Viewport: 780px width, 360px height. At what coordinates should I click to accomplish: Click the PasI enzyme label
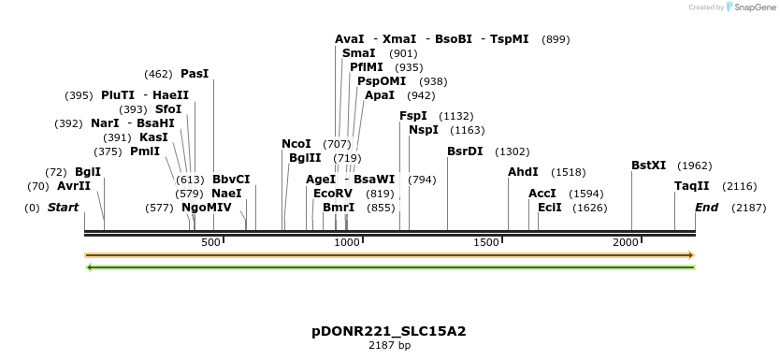[195, 73]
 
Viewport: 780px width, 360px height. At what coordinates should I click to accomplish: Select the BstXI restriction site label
[648, 166]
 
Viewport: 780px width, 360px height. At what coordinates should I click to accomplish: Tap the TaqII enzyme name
[692, 186]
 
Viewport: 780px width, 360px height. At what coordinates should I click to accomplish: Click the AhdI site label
[523, 172]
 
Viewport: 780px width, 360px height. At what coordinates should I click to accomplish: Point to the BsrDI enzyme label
[465, 151]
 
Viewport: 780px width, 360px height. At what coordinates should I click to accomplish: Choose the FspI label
[413, 116]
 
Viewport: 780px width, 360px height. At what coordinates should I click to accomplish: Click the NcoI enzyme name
[296, 144]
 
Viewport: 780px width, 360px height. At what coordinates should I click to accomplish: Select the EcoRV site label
[334, 194]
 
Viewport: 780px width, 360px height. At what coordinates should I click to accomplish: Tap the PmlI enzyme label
[145, 151]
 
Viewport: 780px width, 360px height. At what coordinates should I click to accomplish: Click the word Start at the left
[64, 208]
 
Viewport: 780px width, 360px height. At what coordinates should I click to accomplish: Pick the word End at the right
[706, 208]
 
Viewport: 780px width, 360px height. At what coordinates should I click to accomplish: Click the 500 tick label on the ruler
[211, 243]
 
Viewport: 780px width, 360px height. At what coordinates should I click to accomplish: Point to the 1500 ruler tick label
[486, 243]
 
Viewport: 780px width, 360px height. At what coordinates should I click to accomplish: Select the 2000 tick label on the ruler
[626, 243]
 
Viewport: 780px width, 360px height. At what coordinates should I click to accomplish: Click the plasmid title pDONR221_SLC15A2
[389, 331]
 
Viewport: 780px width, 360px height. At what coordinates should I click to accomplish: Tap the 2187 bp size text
[389, 345]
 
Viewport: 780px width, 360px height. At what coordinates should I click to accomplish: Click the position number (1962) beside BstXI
[694, 166]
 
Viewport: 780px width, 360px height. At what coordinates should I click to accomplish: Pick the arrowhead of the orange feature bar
[691, 254]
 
